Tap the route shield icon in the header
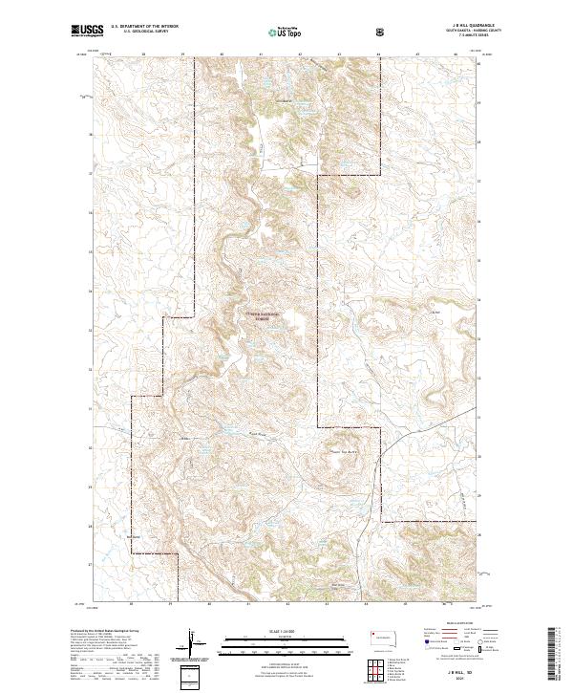coord(382,31)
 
